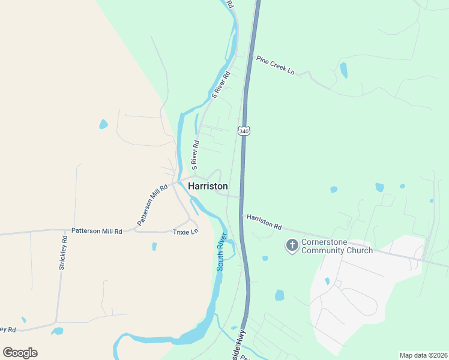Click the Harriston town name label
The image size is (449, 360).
208,186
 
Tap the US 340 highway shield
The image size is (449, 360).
243,130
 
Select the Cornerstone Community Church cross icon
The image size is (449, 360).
292,245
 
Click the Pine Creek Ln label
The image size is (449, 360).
276,65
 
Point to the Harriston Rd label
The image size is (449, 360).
264,222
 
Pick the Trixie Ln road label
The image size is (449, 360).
185,232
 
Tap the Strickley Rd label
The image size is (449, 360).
63,253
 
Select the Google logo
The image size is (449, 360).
20,353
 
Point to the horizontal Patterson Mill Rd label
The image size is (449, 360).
97,230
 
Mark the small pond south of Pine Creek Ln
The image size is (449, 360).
343,70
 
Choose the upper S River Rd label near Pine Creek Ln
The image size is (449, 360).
221,85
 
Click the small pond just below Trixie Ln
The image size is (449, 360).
154,246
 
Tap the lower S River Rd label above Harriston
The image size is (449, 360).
194,154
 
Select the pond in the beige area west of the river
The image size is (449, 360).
103,125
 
